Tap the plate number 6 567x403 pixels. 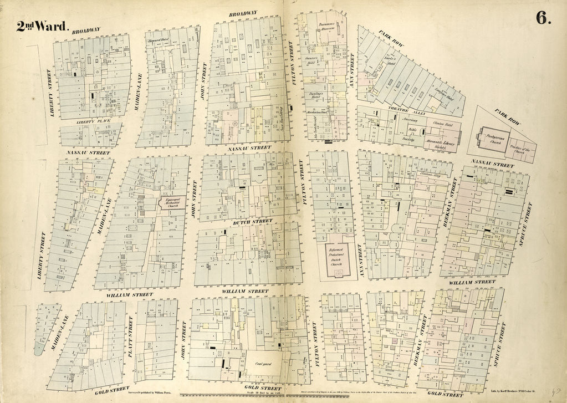543,18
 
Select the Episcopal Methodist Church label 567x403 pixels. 170,202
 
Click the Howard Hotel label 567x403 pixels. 156,41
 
